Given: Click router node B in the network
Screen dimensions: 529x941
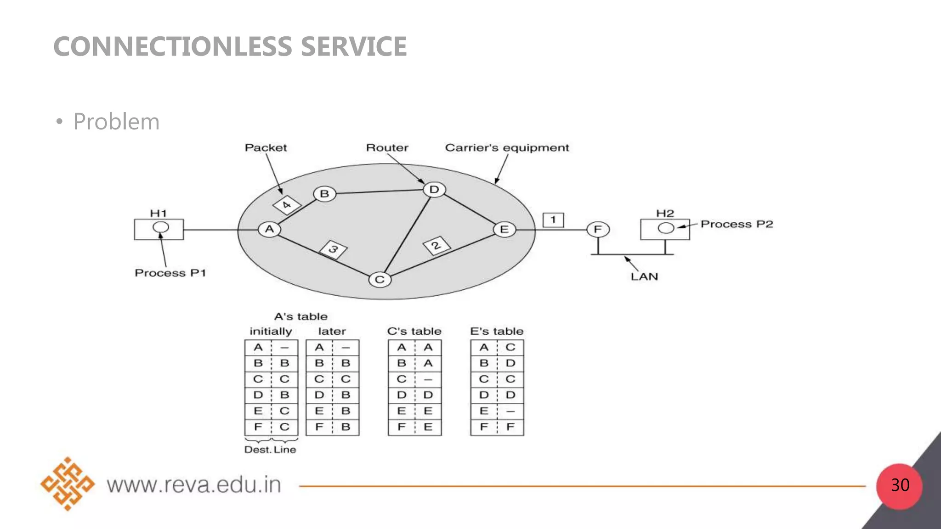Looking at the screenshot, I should (324, 194).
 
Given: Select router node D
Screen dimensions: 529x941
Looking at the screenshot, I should (434, 190).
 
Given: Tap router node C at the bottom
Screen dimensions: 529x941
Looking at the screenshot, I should (380, 280).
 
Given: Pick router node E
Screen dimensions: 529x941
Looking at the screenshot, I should (505, 229).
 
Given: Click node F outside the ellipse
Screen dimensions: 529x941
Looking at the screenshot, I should (598, 229).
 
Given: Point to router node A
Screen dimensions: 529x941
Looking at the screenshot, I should (269, 229).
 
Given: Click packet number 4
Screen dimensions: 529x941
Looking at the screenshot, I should (287, 205).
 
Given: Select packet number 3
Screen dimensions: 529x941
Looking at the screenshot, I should (334, 249).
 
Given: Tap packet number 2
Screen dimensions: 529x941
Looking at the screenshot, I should (436, 246).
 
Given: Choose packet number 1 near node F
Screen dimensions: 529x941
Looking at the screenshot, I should (553, 220).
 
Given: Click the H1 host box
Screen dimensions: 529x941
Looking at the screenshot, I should (159, 229).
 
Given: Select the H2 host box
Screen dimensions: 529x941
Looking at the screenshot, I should (665, 229).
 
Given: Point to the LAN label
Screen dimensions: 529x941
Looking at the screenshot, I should (644, 276).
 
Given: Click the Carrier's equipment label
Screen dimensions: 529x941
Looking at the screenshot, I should (507, 148).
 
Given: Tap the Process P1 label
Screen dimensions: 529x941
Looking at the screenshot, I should (170, 273).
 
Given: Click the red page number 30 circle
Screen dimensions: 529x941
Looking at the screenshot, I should (900, 485).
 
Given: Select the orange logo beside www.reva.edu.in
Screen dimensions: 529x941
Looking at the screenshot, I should (68, 484).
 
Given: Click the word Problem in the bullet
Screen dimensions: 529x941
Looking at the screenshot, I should (116, 122).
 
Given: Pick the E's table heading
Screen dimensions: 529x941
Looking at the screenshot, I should (497, 331).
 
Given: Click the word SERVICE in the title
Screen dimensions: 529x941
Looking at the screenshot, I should (354, 46).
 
